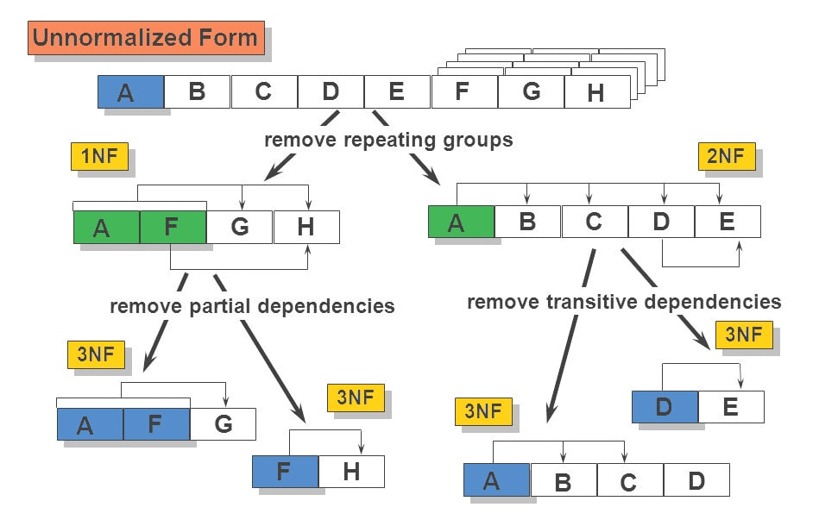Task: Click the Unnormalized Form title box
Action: coord(146,38)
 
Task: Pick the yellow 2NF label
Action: coord(726,156)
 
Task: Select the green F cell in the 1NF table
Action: coord(173,227)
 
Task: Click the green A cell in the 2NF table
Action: coord(461,222)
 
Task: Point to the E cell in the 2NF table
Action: coord(728,222)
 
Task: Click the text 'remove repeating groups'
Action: coord(388,140)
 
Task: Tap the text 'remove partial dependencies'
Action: coord(252,306)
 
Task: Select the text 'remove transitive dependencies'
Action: coord(624,302)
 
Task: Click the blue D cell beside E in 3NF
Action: coord(665,406)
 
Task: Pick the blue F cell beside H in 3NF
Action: coord(285,472)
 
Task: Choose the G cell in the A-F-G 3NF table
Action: coord(223,423)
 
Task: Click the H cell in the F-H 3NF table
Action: coord(351,472)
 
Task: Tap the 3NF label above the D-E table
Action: coord(743,335)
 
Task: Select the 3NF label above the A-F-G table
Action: coord(95,354)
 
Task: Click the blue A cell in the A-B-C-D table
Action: coord(496,479)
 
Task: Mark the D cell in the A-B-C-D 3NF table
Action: coord(696,479)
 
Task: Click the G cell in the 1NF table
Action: coord(239,227)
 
